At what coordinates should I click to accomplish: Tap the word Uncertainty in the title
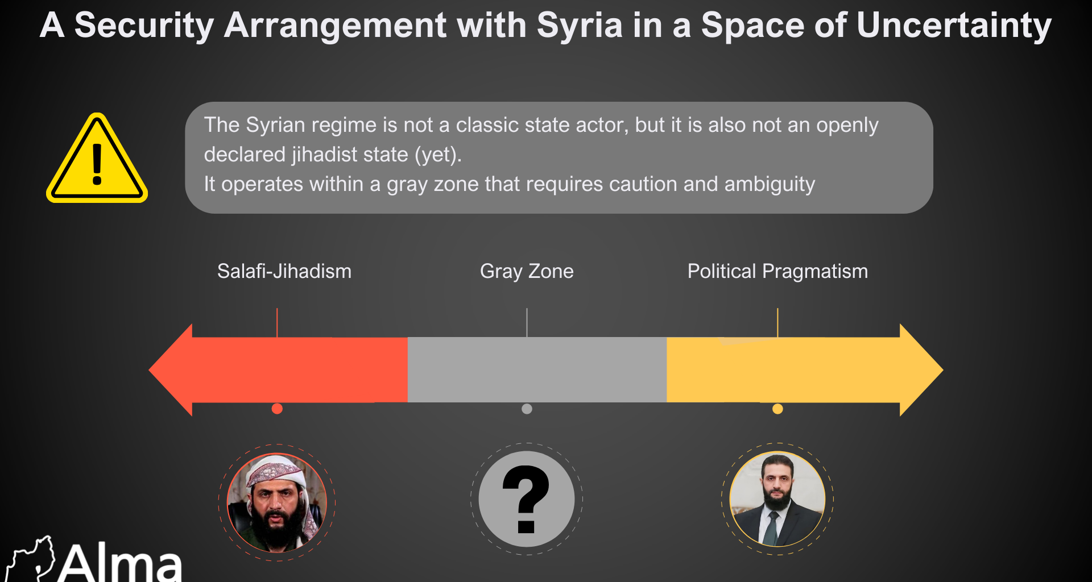pyautogui.click(x=954, y=26)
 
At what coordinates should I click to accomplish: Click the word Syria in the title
pyautogui.click(x=580, y=26)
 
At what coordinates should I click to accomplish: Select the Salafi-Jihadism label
pyautogui.click(x=284, y=271)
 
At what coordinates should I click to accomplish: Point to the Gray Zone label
pyautogui.click(x=527, y=271)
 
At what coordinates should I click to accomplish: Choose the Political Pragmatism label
pyautogui.click(x=777, y=271)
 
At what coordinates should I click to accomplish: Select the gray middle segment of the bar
pyautogui.click(x=537, y=370)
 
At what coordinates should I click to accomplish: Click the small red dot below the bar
pyautogui.click(x=277, y=409)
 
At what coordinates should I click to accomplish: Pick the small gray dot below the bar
pyautogui.click(x=527, y=409)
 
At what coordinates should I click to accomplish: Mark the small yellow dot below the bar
pyautogui.click(x=777, y=409)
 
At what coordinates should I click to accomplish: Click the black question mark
pyautogui.click(x=526, y=499)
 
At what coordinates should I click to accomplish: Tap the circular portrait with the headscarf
pyautogui.click(x=277, y=502)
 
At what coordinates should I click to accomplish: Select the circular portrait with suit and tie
pyautogui.click(x=777, y=499)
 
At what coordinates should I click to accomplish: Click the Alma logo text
pyautogui.click(x=119, y=564)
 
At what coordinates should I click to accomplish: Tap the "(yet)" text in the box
pyautogui.click(x=437, y=155)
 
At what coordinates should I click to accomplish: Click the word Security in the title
pyautogui.click(x=144, y=26)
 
